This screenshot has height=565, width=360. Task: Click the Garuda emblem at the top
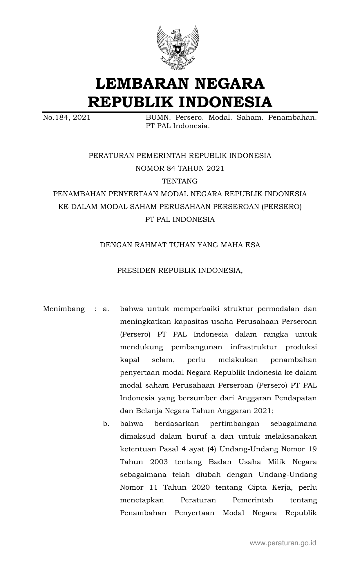coord(178,48)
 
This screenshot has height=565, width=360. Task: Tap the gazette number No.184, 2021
coord(66,117)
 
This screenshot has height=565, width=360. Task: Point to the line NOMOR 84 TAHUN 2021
coord(180,168)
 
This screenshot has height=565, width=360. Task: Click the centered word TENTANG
coord(180,181)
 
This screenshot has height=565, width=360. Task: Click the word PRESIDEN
coord(136,270)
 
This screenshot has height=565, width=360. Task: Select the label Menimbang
coord(64,309)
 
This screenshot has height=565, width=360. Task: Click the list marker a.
coord(106,309)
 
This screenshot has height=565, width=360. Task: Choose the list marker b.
coord(106,424)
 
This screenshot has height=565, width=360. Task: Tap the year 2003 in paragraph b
coord(158,462)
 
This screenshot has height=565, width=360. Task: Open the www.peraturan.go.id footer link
coord(283,543)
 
